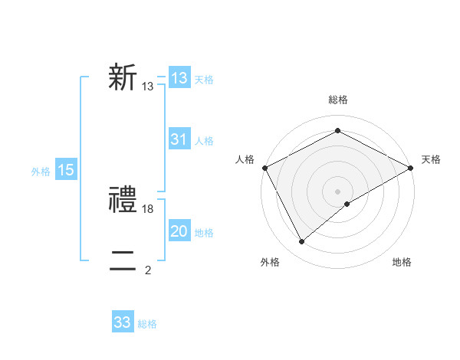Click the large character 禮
point(123,201)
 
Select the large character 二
point(123,262)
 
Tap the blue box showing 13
point(179,78)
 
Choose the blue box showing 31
point(179,139)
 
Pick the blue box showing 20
point(179,231)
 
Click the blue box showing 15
point(66,171)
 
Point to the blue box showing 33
point(123,322)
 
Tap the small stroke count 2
point(148,270)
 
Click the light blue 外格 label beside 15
point(41,172)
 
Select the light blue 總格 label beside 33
point(147,323)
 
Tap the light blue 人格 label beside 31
point(204,141)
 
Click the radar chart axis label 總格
point(337,100)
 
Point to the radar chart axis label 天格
point(431,159)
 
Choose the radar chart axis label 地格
point(402,262)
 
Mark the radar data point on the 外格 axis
point(302,241)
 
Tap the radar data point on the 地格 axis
point(347,204)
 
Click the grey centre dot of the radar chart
point(337,191)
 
